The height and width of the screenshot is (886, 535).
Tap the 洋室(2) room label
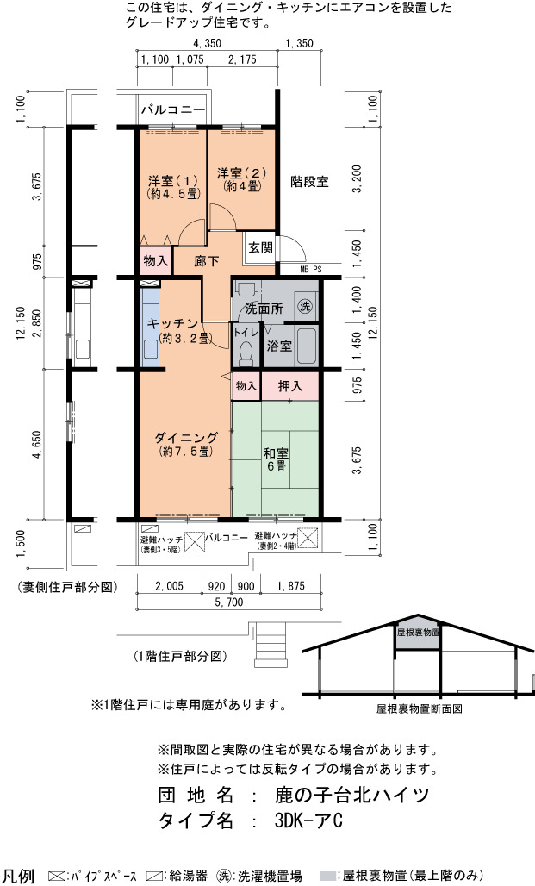[241, 179]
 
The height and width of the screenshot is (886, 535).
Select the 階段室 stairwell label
[309, 181]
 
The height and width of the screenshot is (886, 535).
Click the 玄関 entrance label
[260, 247]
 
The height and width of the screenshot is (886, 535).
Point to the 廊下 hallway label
[206, 261]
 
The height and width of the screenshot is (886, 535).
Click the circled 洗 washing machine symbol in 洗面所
[305, 307]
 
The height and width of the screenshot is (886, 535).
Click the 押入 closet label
[290, 386]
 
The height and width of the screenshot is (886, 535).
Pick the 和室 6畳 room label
[277, 459]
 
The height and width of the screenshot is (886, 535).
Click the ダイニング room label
[186, 444]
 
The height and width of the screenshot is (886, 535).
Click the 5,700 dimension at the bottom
[229, 603]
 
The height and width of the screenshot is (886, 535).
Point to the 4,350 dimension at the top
[207, 43]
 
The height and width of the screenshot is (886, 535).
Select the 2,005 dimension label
[169, 587]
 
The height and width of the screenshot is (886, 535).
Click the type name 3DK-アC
[308, 820]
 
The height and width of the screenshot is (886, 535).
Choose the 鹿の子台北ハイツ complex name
[352, 795]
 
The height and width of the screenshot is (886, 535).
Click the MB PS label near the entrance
[311, 270]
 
